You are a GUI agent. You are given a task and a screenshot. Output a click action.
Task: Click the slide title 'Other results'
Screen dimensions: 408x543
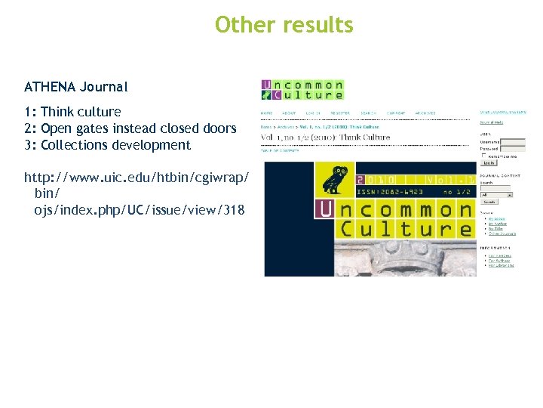tap(284, 25)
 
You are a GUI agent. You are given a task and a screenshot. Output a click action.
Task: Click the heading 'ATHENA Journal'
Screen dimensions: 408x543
tap(76, 87)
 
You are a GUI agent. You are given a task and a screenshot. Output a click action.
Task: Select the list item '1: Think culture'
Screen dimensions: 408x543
tap(72, 112)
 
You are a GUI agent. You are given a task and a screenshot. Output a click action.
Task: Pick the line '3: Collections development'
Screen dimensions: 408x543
tap(107, 145)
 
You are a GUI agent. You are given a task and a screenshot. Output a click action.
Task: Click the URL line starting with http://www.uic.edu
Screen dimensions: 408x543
tap(137, 177)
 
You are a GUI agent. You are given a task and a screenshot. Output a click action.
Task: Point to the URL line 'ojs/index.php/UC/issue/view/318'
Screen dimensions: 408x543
tap(139, 209)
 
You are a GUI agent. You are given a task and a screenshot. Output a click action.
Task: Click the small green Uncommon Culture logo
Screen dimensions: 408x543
tap(302, 90)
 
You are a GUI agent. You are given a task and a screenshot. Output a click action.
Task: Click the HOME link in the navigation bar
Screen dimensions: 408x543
tap(266, 113)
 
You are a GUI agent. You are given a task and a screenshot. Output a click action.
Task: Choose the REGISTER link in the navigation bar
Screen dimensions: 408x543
tap(339, 113)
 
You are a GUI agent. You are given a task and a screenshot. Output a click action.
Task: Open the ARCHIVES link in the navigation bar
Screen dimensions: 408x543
tap(425, 113)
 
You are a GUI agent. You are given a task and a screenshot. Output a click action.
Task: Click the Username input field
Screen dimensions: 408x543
tap(513, 141)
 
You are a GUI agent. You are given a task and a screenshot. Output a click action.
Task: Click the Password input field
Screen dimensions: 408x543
tap(513, 150)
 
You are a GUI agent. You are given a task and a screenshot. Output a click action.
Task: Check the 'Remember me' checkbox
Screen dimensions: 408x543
tap(483, 156)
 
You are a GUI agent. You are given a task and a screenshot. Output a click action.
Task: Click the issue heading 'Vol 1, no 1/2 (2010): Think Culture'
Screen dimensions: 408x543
tap(326, 138)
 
